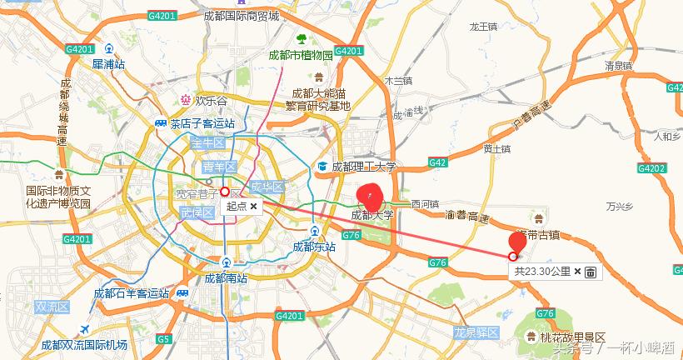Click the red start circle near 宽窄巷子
[225, 191]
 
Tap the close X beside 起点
[253, 205]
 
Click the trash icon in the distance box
[590, 272]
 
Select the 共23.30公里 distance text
[542, 272]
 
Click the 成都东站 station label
[314, 247]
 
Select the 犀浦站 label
[108, 63]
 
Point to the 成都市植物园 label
[301, 55]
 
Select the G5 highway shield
[163, 338]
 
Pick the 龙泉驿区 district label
[476, 332]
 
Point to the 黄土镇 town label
[496, 148]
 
